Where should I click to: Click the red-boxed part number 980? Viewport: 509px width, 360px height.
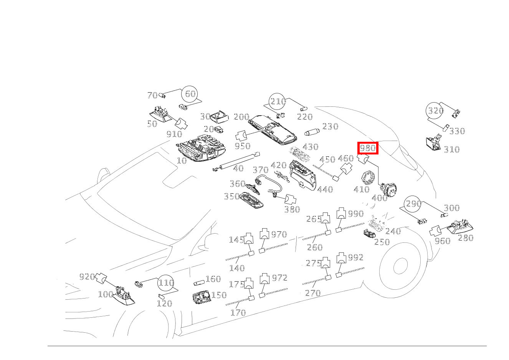[368, 148]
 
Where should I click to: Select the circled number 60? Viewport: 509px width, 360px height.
[190, 94]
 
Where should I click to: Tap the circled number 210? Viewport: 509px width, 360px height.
[278, 101]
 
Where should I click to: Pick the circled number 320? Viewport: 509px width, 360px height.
[435, 111]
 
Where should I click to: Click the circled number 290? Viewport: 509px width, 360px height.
[413, 204]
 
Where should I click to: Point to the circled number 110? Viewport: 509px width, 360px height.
[166, 283]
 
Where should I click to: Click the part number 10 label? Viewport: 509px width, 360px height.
[182, 160]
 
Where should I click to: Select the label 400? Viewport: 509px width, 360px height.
[380, 198]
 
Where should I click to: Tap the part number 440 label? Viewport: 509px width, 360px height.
[325, 189]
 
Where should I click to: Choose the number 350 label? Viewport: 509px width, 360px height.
[232, 197]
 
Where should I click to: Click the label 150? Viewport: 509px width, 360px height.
[219, 295]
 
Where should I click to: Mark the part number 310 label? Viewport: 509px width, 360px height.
[451, 149]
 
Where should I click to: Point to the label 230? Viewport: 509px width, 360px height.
[330, 126]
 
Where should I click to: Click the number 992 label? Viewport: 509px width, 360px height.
[355, 257]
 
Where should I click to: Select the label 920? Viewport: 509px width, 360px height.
[87, 277]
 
